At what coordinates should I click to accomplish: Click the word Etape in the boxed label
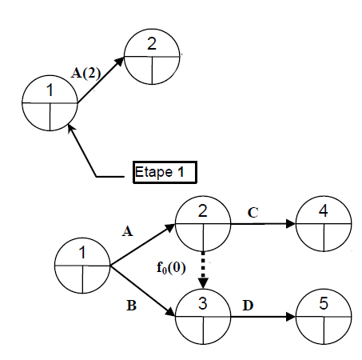click(x=153, y=172)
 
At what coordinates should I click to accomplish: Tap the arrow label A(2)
click(x=86, y=73)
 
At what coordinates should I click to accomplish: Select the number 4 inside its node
click(x=323, y=210)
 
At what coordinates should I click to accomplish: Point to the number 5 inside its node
click(x=324, y=303)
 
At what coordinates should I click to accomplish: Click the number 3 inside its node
click(x=203, y=303)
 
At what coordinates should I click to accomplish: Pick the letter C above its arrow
click(x=253, y=213)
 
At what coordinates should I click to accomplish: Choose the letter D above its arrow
click(x=248, y=306)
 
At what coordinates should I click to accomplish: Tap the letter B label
click(x=131, y=306)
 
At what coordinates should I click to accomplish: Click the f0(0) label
click(x=171, y=268)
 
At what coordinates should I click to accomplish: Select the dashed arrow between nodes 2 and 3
click(x=203, y=270)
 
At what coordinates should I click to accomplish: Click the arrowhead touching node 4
click(x=291, y=223)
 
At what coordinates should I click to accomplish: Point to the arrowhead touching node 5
click(x=291, y=317)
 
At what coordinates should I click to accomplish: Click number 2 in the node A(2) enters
click(x=152, y=44)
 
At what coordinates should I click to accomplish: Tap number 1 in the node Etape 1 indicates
click(x=50, y=90)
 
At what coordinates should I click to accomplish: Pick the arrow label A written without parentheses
click(x=127, y=231)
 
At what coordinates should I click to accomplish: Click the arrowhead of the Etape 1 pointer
click(x=70, y=128)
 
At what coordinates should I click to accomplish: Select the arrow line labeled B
click(x=143, y=291)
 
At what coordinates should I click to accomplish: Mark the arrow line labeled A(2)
click(x=101, y=80)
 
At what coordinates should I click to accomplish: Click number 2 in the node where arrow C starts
click(x=203, y=210)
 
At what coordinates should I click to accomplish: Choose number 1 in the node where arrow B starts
click(x=82, y=252)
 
